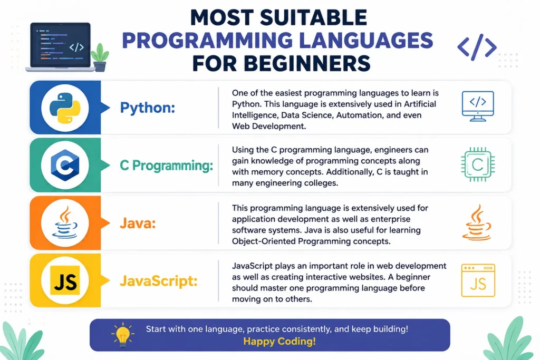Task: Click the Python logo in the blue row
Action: pyautogui.click(x=65, y=108)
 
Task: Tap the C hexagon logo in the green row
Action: pyautogui.click(x=65, y=165)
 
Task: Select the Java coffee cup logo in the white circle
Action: pyautogui.click(x=65, y=222)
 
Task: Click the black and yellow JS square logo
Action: pyautogui.click(x=65, y=280)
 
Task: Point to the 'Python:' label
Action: pyautogui.click(x=148, y=108)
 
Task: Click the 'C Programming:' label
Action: pyautogui.click(x=166, y=166)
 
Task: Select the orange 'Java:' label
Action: pyautogui.click(x=138, y=223)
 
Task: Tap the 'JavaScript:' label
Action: pyautogui.click(x=158, y=281)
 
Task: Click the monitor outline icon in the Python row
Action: pyautogui.click(x=478, y=106)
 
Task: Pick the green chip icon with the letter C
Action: pyautogui.click(x=478, y=164)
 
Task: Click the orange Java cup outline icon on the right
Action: pyautogui.click(x=477, y=222)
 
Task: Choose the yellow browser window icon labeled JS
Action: pyautogui.click(x=478, y=280)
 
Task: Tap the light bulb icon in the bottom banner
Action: pyautogui.click(x=122, y=335)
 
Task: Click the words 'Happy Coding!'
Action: pyautogui.click(x=279, y=342)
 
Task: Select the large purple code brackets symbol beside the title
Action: pyautogui.click(x=477, y=47)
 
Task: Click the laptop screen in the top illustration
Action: pyautogui.click(x=60, y=45)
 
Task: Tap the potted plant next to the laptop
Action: pyautogui.click(x=100, y=57)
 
